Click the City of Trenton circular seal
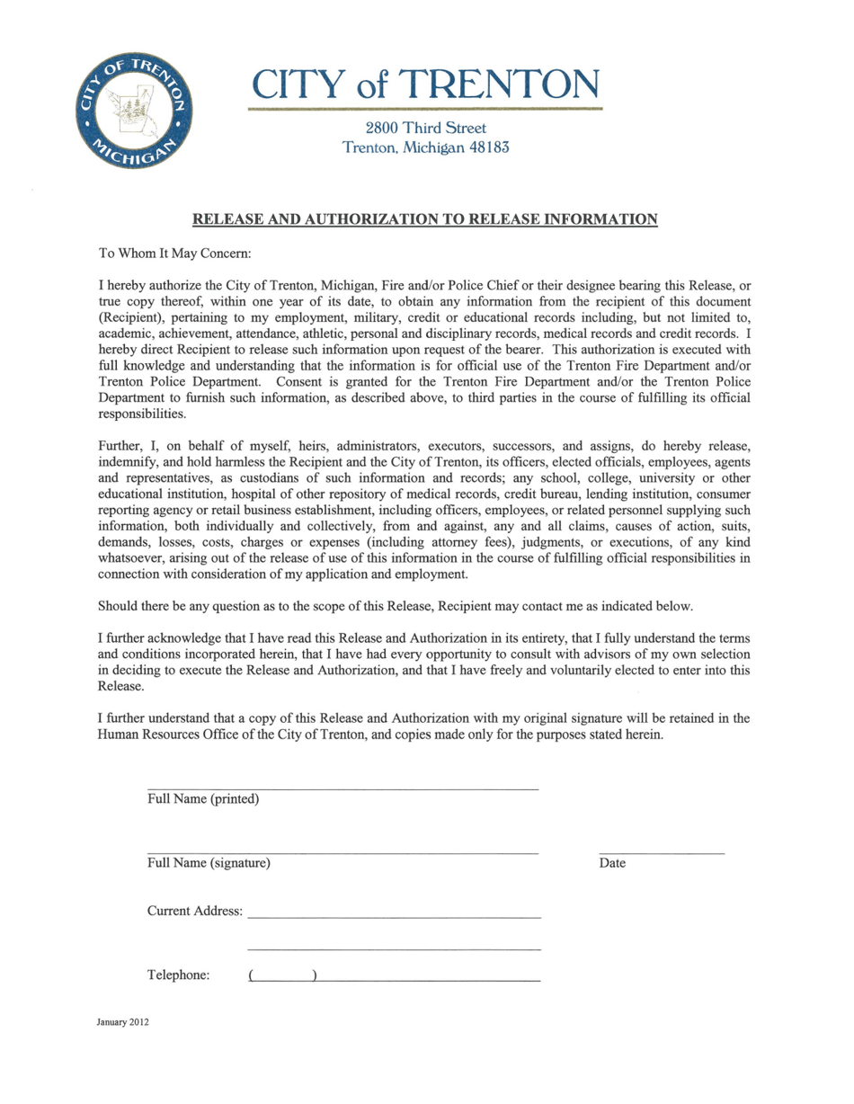(132, 110)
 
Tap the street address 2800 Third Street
(426, 129)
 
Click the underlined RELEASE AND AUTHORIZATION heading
(425, 218)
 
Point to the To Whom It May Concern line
(174, 254)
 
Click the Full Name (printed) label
(203, 799)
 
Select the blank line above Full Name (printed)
(342, 788)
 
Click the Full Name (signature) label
(209, 863)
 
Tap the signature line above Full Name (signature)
(342, 851)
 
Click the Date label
(612, 863)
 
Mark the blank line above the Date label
(661, 851)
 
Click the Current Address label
(194, 911)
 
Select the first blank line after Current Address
(394, 917)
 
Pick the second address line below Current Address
(394, 949)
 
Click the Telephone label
(178, 975)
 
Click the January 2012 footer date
(123, 1022)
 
